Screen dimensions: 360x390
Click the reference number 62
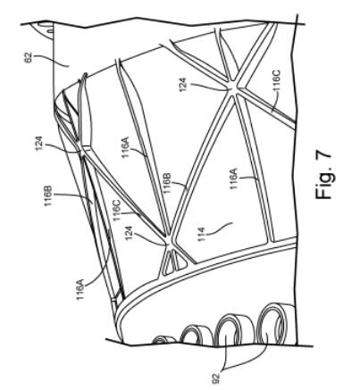pos(29,57)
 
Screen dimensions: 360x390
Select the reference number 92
pos(217,378)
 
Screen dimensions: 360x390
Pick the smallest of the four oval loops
pos(162,340)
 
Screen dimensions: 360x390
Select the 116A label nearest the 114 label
pos(233,178)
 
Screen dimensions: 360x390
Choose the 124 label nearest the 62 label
pos(39,144)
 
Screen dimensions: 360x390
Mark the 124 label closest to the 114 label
pos(129,233)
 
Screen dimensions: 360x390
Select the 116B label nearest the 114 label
pos(167,182)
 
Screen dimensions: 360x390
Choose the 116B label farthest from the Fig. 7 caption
pos(48,195)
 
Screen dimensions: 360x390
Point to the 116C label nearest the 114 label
pos(117,210)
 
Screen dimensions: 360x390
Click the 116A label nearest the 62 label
pos(126,147)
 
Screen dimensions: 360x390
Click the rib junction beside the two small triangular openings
pos(170,244)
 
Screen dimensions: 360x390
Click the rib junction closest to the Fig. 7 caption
pos(234,88)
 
